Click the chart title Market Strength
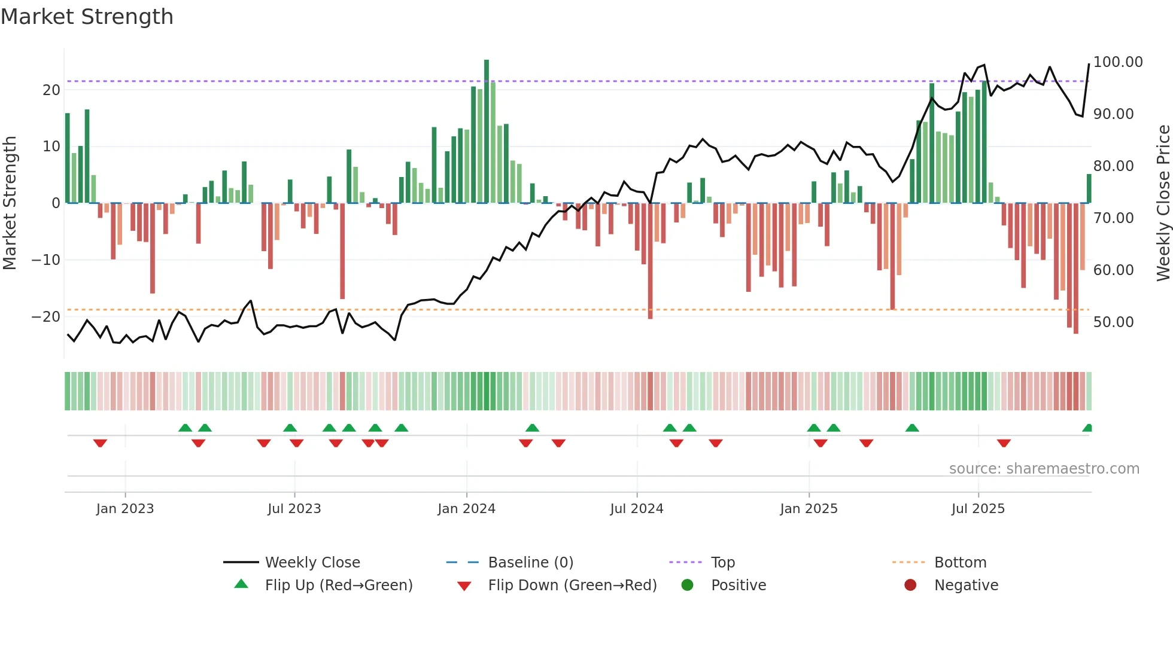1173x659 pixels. [x=87, y=17]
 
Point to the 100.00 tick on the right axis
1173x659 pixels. [x=1117, y=62]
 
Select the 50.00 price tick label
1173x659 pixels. [x=1113, y=322]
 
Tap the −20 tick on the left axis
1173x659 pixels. [x=46, y=317]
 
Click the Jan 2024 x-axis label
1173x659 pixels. [x=466, y=509]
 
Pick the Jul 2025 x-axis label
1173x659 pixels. [x=978, y=509]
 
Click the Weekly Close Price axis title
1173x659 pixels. [x=1163, y=203]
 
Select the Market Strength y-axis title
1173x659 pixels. [x=10, y=203]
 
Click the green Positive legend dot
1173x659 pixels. [x=687, y=585]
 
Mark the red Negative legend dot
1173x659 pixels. [x=910, y=585]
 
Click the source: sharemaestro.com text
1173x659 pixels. [x=1044, y=469]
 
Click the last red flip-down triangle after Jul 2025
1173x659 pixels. [x=1004, y=443]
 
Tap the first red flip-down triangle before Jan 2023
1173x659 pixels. [x=100, y=443]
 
